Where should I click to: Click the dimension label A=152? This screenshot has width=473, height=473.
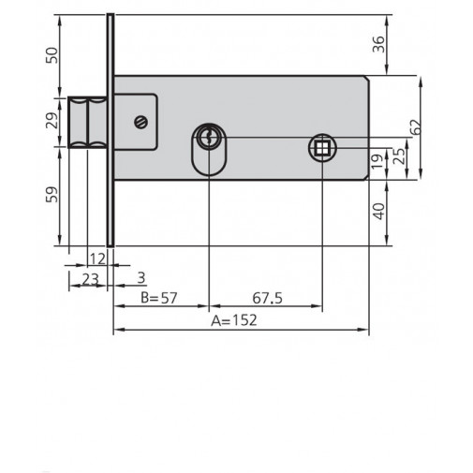[x=234, y=319]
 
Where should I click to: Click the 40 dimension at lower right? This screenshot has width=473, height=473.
[x=378, y=211]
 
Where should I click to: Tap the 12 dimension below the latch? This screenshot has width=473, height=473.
[x=96, y=257]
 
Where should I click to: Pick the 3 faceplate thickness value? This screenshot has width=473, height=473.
[x=140, y=278]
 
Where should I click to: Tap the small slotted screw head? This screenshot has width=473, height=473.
[x=140, y=121]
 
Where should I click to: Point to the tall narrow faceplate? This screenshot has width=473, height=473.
[x=111, y=131]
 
